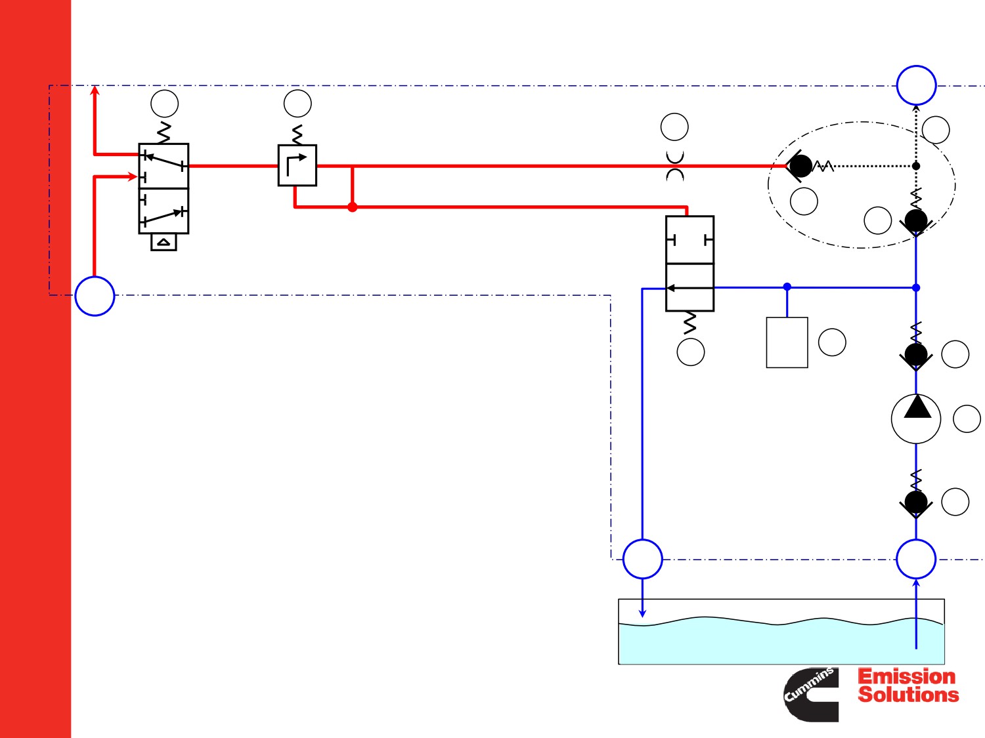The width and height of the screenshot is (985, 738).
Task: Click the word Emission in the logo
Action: pos(907,676)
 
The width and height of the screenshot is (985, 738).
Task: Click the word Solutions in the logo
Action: pos(908,695)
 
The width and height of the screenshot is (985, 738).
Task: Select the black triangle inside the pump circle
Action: pos(917,407)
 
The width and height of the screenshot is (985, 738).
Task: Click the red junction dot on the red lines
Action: pos(352,207)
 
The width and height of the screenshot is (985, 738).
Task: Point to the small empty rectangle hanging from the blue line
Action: pos(787,342)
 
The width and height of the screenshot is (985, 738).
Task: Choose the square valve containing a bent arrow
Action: pos(297,165)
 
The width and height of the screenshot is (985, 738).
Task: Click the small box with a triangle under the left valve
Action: pos(164,242)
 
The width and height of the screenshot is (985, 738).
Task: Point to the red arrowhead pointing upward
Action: pos(95,90)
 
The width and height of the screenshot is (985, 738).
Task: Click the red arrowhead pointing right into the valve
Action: pos(133,177)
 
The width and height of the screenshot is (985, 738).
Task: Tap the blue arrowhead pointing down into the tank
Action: pos(643,613)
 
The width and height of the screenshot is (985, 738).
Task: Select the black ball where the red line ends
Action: pos(800,166)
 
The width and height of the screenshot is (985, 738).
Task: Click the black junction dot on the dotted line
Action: pos(916,166)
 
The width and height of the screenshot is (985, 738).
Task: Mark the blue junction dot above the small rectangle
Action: pos(787,287)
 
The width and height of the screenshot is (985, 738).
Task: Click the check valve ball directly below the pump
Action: pos(916,502)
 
